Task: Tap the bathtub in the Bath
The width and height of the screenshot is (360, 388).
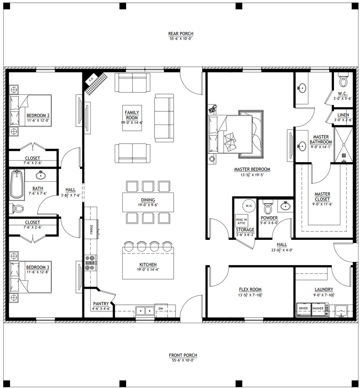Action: pyautogui.click(x=17, y=185)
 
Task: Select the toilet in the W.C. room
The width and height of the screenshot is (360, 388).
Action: pyautogui.click(x=343, y=79)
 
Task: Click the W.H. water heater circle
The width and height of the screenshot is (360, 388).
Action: pyautogui.click(x=249, y=206)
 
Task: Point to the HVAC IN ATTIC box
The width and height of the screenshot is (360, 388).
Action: pyautogui.click(x=241, y=221)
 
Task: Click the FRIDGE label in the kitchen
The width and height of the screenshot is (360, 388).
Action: pyautogui.click(x=92, y=229)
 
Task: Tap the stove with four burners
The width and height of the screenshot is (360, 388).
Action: pyautogui.click(x=90, y=263)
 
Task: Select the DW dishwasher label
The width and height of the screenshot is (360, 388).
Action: pyautogui.click(x=161, y=309)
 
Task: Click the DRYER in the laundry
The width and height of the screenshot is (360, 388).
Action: pyautogui.click(x=304, y=310)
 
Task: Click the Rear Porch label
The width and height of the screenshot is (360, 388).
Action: pyautogui.click(x=181, y=34)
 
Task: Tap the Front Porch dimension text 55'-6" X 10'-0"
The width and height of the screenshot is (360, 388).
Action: pyautogui.click(x=183, y=360)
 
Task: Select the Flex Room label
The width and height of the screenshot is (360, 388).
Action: pyautogui.click(x=250, y=289)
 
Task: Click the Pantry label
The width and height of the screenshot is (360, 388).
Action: pyautogui.click(x=101, y=304)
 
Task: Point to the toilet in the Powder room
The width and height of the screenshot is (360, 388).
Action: pyautogui.click(x=268, y=207)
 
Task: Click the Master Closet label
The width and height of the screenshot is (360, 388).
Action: pyautogui.click(x=322, y=197)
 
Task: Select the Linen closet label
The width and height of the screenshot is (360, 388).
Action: pyautogui.click(x=343, y=115)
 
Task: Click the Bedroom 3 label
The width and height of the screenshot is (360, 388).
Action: pyautogui.click(x=38, y=267)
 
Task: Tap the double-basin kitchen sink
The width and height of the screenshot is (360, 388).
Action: pyautogui.click(x=145, y=310)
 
